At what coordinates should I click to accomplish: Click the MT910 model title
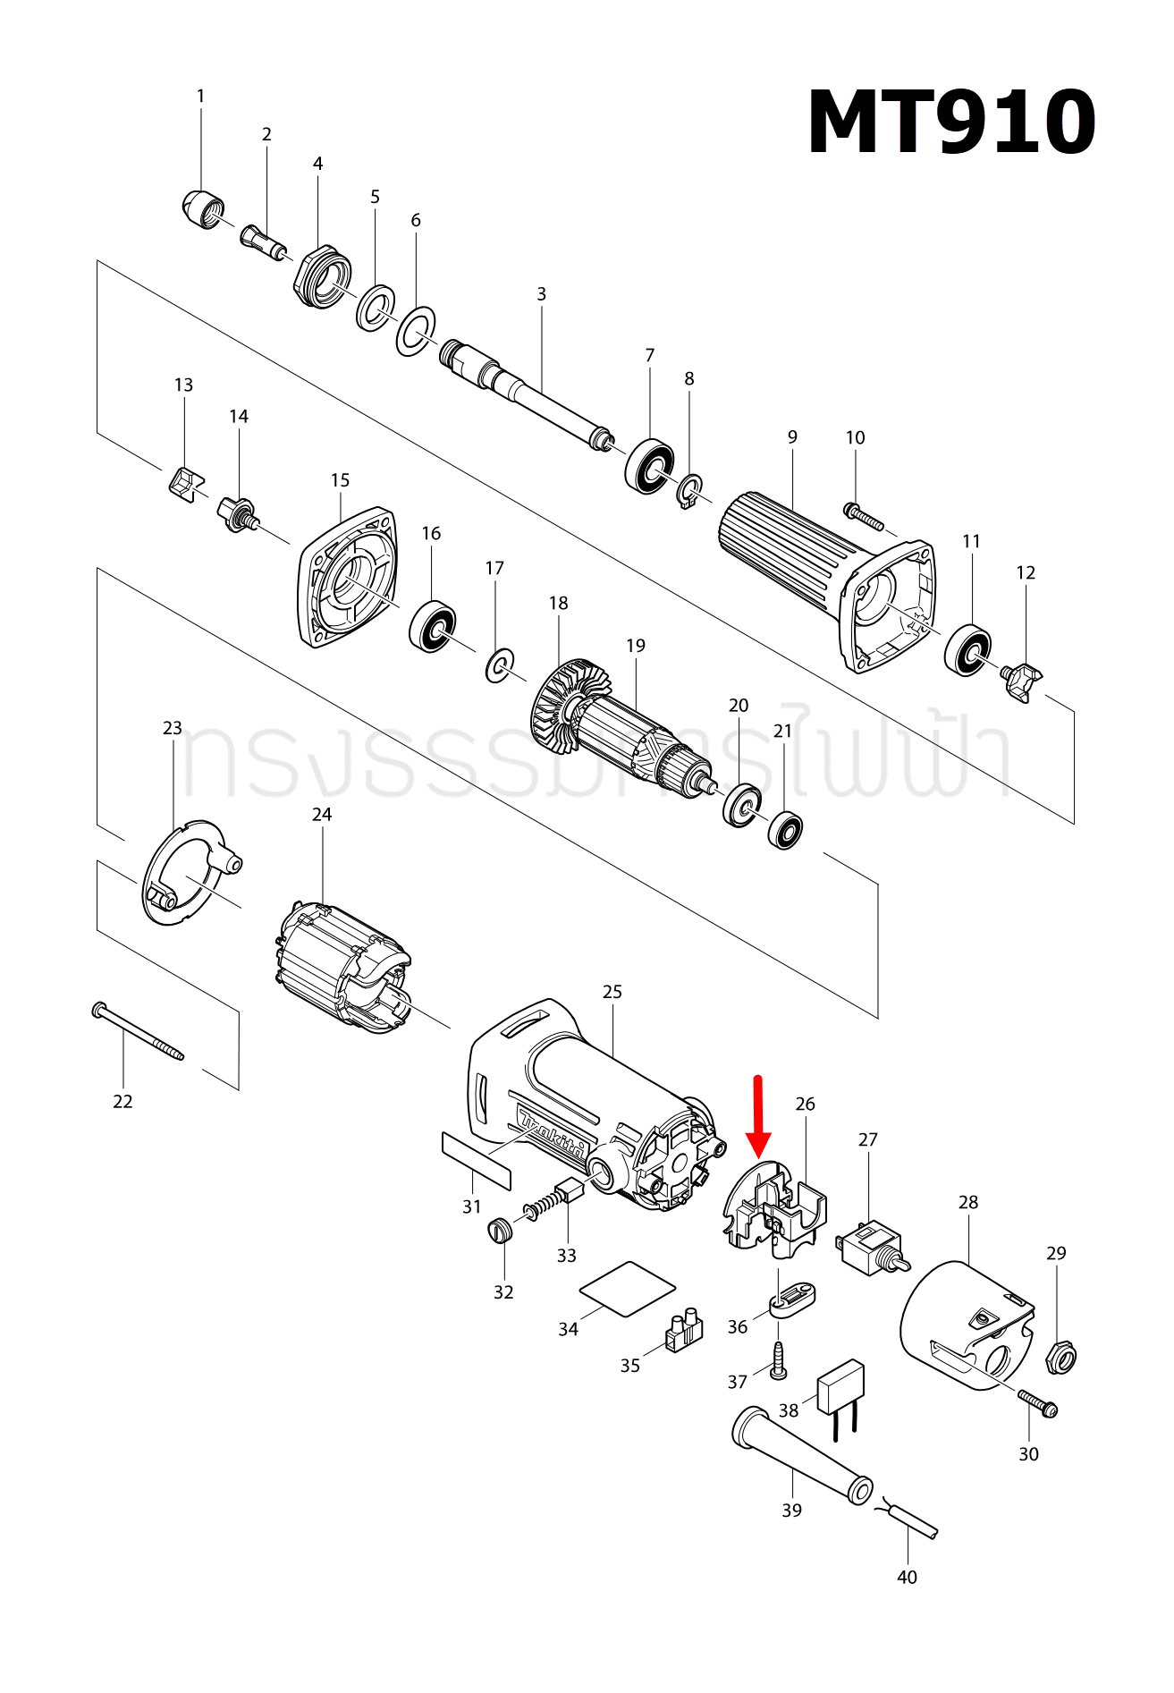click(950, 123)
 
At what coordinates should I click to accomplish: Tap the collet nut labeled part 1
click(203, 210)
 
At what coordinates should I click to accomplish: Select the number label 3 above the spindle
click(541, 294)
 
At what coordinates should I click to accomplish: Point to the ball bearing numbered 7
click(649, 465)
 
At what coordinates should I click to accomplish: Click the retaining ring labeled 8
click(689, 492)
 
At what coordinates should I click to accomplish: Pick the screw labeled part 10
click(863, 516)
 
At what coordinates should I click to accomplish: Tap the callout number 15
click(340, 480)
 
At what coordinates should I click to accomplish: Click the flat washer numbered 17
click(500, 665)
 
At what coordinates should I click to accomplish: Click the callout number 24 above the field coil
click(322, 815)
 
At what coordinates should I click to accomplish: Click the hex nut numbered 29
click(1060, 1358)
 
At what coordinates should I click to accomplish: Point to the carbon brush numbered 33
click(565, 1193)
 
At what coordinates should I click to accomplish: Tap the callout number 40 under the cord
click(907, 1577)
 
